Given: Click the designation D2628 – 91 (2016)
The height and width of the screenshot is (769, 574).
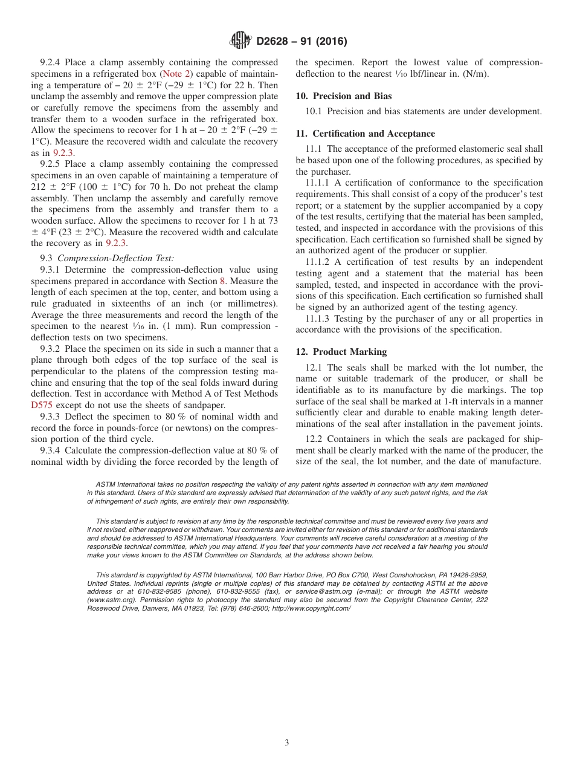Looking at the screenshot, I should tap(302, 42).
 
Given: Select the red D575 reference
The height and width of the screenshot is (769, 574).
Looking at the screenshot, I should tap(42, 405).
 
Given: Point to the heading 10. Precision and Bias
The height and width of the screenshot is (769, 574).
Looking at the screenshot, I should tap(343, 96).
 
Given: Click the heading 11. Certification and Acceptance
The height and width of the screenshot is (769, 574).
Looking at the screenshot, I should tap(365, 134).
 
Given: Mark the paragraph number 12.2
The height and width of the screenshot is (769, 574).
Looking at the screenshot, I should tap(314, 440).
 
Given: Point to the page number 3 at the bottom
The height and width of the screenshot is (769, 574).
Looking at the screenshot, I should tap(287, 743).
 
